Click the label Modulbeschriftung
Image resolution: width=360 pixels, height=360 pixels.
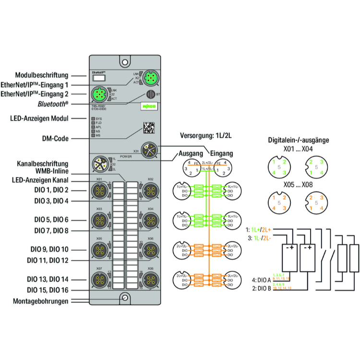pos(41,75)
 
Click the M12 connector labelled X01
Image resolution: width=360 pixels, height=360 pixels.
pos(100,192)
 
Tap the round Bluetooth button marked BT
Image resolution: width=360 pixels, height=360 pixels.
pos(150,94)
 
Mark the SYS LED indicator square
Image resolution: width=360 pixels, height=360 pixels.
pos(93,118)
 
